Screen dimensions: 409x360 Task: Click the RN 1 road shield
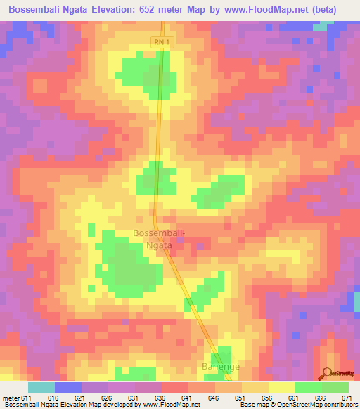click(162, 43)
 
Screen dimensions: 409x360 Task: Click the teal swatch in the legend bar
click(41, 387)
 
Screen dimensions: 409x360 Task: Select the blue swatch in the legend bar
click(68, 387)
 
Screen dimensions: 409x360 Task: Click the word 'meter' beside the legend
click(11, 398)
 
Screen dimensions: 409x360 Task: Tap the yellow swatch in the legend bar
click(281, 387)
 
